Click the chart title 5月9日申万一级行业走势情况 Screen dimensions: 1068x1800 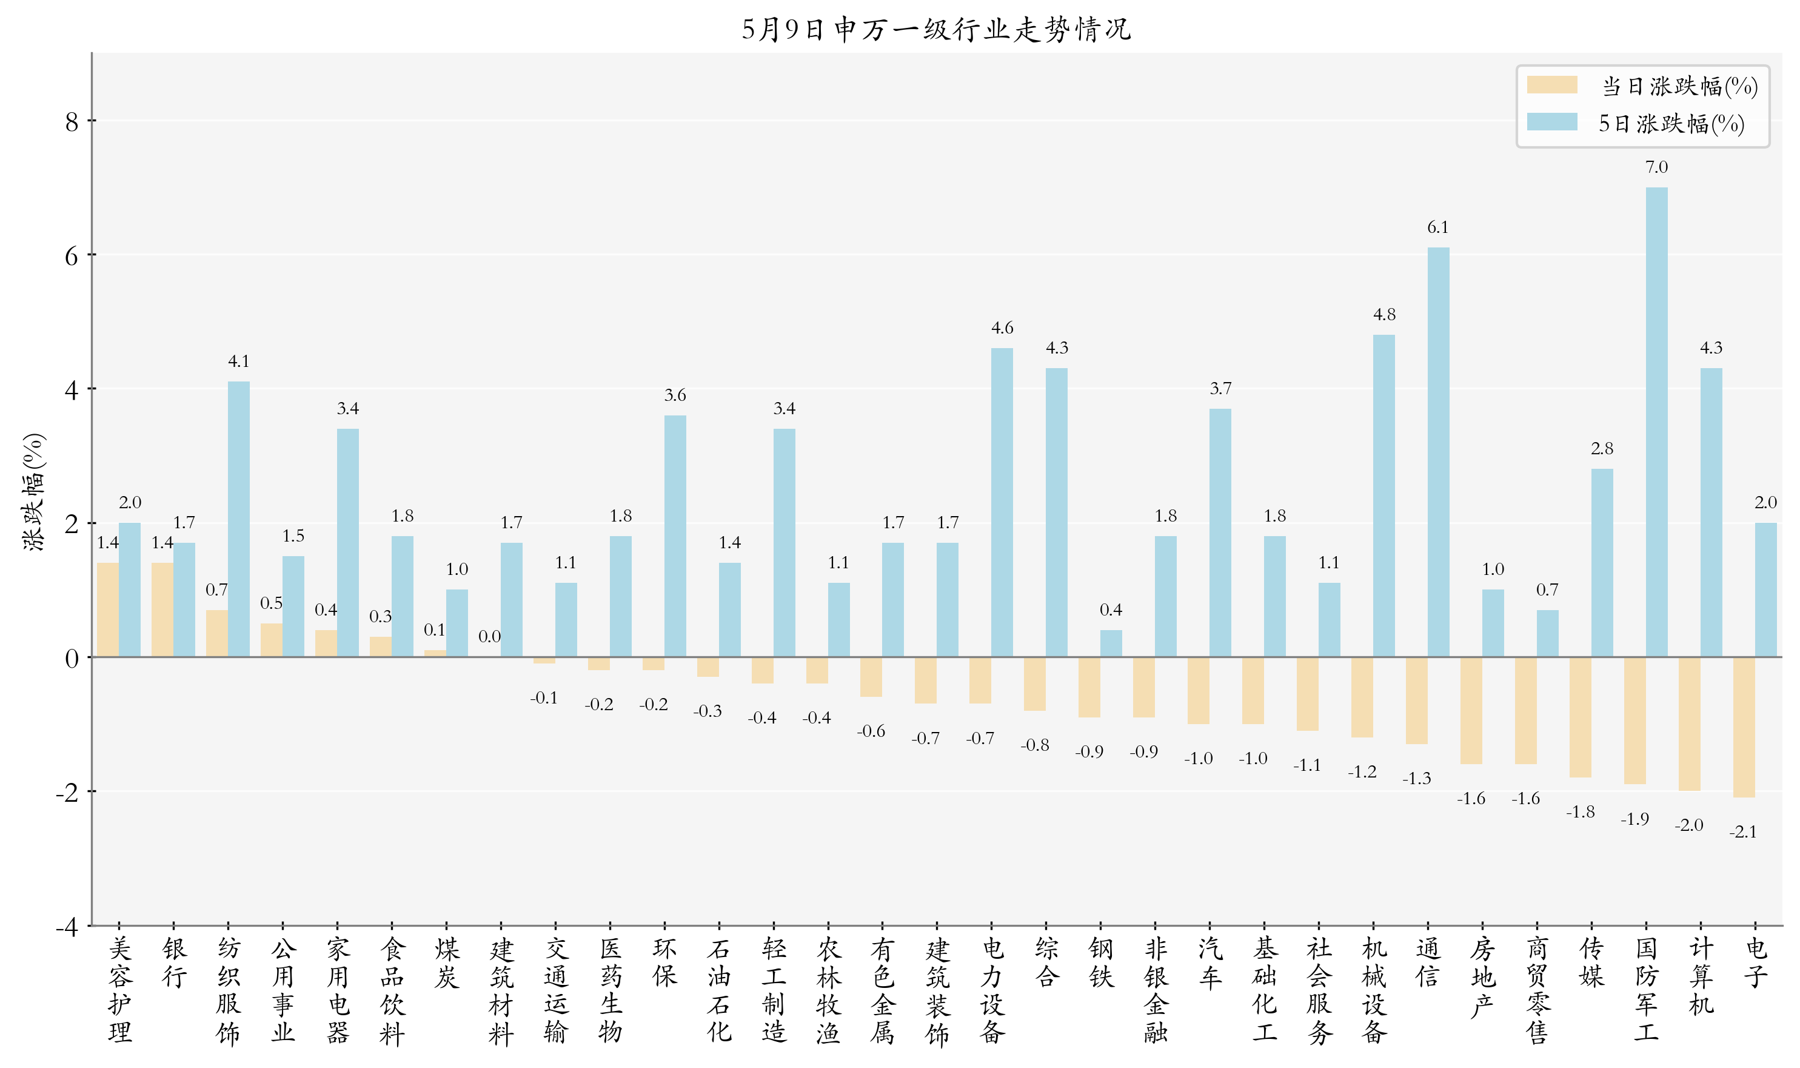click(936, 30)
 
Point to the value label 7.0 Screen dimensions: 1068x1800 click(1656, 167)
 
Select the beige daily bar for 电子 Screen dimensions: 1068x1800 click(1743, 727)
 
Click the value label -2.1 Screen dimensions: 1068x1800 click(1742, 832)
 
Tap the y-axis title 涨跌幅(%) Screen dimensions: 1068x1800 click(34, 492)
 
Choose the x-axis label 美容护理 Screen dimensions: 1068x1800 click(119, 990)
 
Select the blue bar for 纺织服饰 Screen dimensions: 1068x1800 click(239, 519)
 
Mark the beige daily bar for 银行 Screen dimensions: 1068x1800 click(162, 610)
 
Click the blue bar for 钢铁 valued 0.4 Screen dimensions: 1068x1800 click(1111, 643)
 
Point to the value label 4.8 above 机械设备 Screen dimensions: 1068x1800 click(1383, 315)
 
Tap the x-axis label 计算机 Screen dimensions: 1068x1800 click(1701, 976)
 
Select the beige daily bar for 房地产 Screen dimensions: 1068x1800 click(1471, 710)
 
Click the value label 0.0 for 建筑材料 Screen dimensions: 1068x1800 click(489, 636)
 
